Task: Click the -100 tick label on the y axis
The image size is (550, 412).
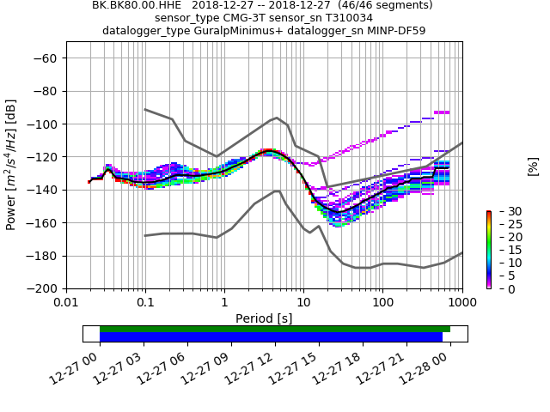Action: (x=45, y=124)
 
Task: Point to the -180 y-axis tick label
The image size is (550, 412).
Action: (x=45, y=256)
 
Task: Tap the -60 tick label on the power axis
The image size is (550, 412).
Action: (x=47, y=58)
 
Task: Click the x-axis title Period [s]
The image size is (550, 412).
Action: (x=264, y=318)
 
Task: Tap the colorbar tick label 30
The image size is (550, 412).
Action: (x=503, y=211)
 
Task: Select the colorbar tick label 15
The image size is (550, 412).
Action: (x=503, y=250)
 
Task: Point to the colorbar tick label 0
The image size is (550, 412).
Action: (x=499, y=289)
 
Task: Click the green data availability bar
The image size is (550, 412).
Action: (x=275, y=329)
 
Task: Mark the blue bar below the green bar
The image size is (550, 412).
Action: (x=271, y=337)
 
